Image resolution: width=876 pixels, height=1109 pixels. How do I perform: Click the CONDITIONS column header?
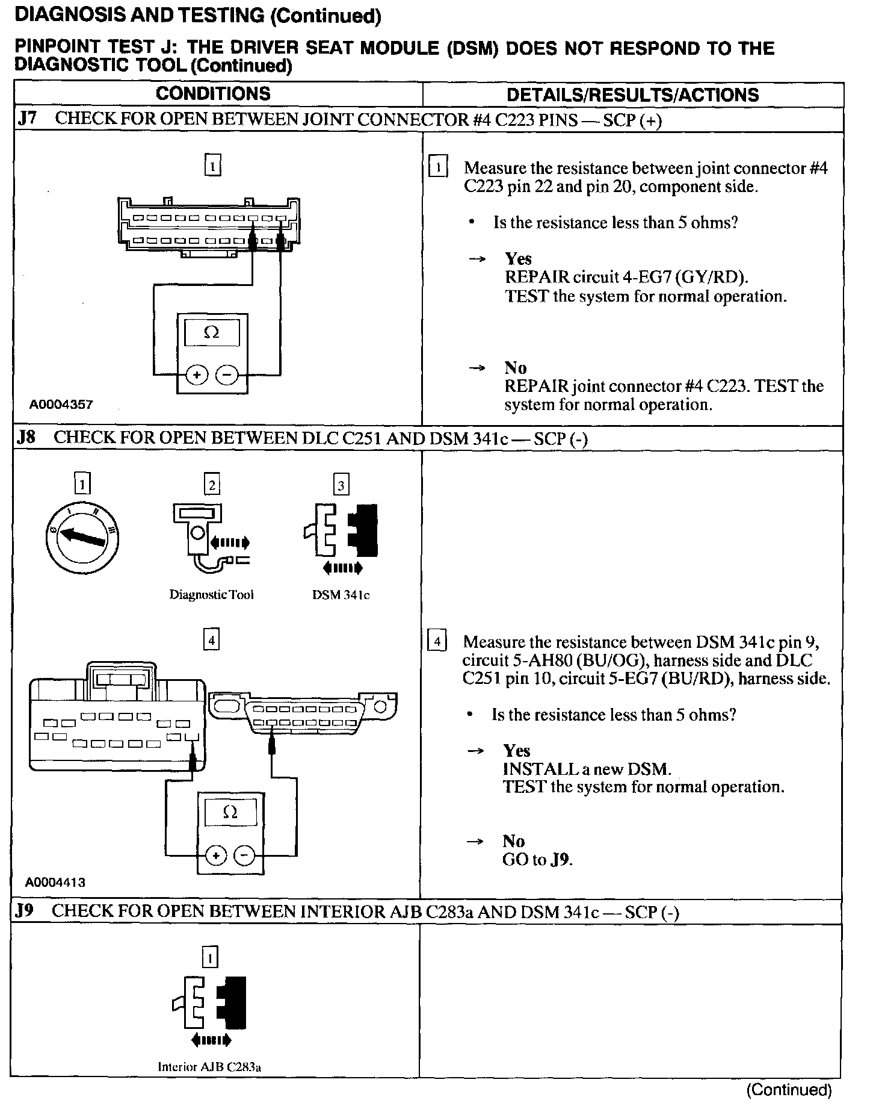[213, 94]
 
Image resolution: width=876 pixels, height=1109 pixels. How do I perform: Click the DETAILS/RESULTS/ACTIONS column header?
[632, 95]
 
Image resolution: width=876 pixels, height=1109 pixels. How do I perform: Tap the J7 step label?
[27, 119]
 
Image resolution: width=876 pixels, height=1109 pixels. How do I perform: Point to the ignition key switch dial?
[82, 537]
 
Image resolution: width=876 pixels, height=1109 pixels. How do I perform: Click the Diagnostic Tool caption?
[211, 595]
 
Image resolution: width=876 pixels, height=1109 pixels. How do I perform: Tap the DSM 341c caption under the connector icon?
[341, 595]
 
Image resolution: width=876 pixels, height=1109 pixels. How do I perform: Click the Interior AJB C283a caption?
[209, 1067]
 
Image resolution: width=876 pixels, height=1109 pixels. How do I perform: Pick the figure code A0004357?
[61, 405]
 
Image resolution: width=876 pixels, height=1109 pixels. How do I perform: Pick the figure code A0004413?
[55, 883]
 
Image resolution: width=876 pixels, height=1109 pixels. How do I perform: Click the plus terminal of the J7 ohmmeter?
[196, 374]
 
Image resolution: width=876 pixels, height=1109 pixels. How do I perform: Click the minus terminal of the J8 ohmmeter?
[243, 855]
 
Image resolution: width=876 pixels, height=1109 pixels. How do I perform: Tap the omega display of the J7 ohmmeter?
[212, 332]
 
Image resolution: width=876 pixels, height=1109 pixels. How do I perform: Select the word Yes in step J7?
[518, 259]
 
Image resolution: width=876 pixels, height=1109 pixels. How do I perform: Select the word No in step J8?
[514, 841]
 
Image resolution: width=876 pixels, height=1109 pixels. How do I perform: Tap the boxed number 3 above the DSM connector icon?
[341, 485]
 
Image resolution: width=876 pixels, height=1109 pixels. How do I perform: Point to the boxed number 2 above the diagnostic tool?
[212, 485]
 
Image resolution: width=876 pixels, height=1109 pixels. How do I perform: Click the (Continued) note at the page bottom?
[789, 1089]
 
